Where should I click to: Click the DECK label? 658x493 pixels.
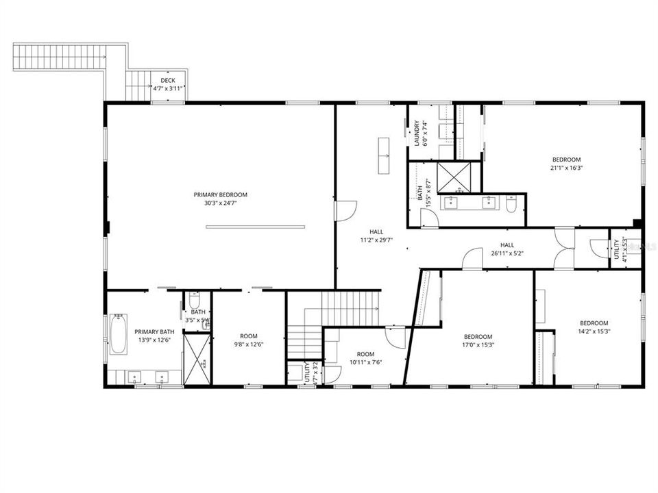[x=168, y=80]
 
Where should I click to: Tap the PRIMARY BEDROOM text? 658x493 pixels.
[x=220, y=194]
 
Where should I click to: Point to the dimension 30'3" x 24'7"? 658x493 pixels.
[x=220, y=203]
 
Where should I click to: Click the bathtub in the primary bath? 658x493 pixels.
[x=119, y=333]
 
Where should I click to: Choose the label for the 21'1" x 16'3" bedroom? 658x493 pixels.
[x=565, y=160]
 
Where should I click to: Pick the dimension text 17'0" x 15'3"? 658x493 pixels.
[x=478, y=345]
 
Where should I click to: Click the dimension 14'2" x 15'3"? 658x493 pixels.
[x=594, y=331]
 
